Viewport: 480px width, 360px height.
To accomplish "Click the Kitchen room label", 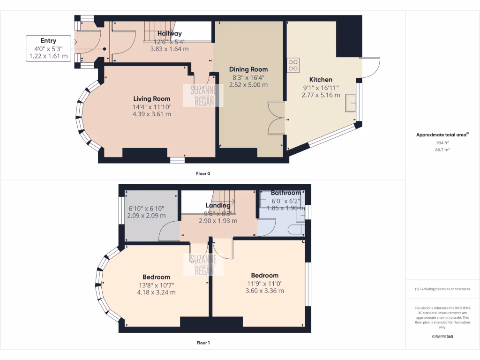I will (321, 80).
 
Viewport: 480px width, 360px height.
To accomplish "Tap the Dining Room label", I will (248, 69).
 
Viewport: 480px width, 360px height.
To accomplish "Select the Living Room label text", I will (151, 99).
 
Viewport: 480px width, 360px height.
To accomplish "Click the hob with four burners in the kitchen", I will (294, 65).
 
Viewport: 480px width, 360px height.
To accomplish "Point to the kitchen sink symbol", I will (350, 103).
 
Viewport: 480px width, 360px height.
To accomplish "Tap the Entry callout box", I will (48, 48).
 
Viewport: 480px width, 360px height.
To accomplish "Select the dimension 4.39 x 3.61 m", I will (151, 114).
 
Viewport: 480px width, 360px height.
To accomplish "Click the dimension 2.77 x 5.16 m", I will (321, 95).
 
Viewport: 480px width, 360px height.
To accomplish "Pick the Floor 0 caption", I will (203, 173).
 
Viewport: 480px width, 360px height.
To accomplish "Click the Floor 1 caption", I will (203, 343).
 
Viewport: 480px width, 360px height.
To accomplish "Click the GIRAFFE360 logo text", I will (442, 336).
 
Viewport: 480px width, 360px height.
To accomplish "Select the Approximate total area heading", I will (442, 135).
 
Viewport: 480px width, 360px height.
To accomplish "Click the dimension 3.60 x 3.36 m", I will (264, 291).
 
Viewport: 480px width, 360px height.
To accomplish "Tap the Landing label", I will (218, 205).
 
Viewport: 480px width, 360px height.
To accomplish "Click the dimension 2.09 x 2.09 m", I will (146, 216).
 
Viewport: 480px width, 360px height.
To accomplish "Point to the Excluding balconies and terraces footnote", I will (442, 289).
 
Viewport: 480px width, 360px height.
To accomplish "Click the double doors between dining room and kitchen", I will (277, 117).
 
